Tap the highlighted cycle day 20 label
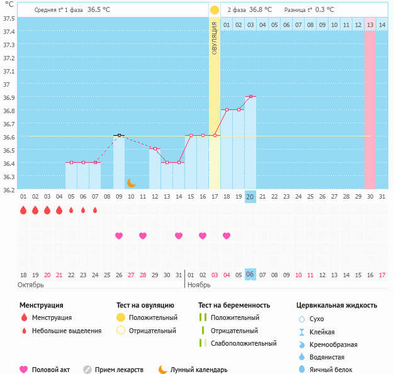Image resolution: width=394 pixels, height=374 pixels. click(250, 197)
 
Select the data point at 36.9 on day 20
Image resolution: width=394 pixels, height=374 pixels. click(250, 96)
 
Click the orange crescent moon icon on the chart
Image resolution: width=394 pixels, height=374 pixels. click(131, 182)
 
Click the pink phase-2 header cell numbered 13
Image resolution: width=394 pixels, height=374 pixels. click(370, 25)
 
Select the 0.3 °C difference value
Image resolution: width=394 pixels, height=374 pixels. click(325, 10)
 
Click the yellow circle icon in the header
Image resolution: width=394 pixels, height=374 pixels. click(215, 10)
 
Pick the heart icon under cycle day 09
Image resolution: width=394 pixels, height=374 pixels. click(119, 236)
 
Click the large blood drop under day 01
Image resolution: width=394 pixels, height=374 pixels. click(23, 211)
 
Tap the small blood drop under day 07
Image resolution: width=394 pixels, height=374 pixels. click(95, 211)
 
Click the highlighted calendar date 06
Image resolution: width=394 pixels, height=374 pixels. click(250, 275)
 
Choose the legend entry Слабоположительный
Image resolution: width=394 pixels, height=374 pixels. click(244, 343)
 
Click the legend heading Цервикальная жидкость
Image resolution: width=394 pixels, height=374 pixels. click(337, 305)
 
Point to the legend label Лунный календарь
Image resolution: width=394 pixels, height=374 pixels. click(200, 370)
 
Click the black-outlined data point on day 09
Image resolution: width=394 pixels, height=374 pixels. click(119, 135)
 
